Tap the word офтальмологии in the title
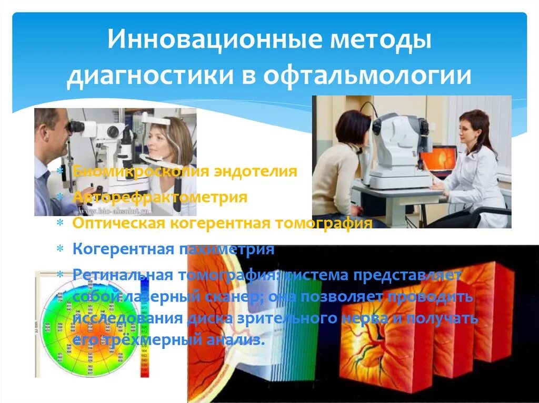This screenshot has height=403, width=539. click(367, 75)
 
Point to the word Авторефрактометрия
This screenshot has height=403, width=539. click(160, 198)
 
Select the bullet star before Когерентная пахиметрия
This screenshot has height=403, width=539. click(61, 249)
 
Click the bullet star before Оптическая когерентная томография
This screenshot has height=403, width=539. click(61, 223)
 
